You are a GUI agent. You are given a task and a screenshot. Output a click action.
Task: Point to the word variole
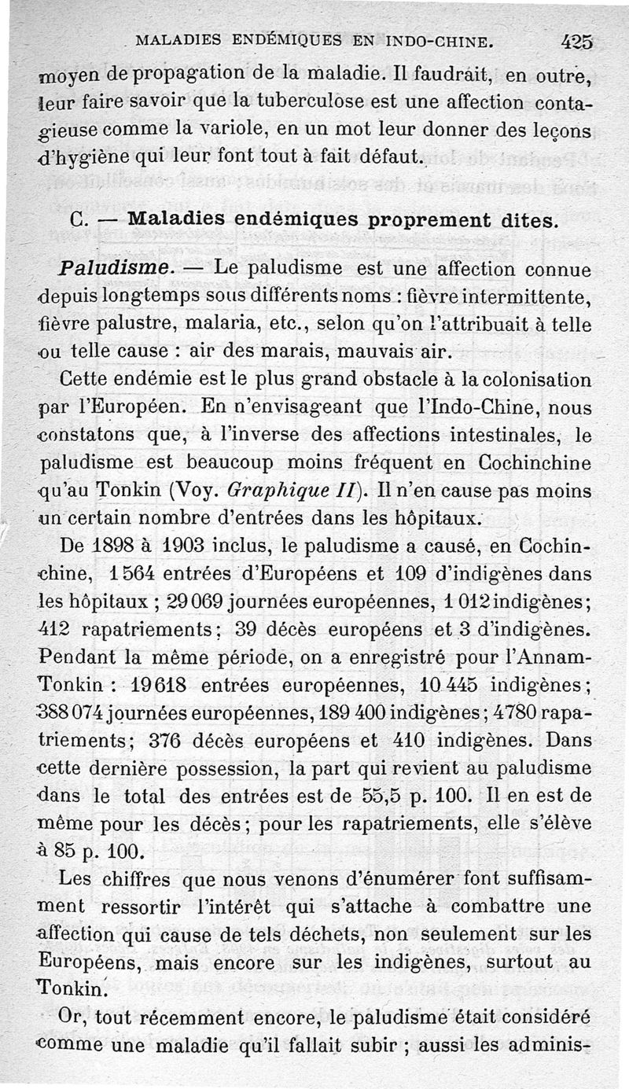[245, 130]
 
